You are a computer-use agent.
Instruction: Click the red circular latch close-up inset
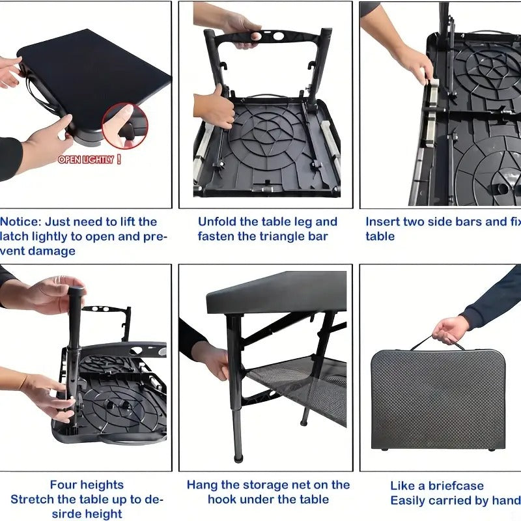pos(124,125)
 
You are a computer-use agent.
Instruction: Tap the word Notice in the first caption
pos(19,221)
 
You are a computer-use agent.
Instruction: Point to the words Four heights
pos(87,485)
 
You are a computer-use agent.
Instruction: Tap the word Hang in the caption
pos(202,485)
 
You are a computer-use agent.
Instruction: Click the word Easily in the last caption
pos(410,500)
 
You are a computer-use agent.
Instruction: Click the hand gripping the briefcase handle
pos(450,329)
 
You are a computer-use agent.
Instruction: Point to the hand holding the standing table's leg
pos(212,358)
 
